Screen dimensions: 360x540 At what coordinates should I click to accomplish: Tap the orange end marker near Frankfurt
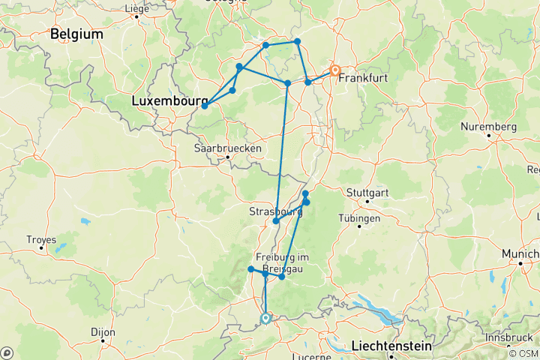coord(335,71)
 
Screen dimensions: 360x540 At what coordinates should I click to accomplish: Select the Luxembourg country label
coord(169,100)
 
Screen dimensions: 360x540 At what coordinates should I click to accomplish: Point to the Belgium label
coord(76,34)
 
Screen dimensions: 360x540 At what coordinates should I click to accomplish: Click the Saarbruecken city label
coord(228,148)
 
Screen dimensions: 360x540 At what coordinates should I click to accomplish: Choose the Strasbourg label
coord(275,212)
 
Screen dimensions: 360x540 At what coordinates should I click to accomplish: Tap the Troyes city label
coord(41,240)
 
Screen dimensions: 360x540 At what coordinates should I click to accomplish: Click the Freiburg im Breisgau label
coord(282,262)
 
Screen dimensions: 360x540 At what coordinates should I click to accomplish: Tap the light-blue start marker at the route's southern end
coord(265,318)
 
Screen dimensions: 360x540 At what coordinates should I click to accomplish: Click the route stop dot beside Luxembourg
coord(204,106)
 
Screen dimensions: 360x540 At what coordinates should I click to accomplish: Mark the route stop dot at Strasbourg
coord(276,221)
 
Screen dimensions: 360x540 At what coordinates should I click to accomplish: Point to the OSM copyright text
coord(523,353)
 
